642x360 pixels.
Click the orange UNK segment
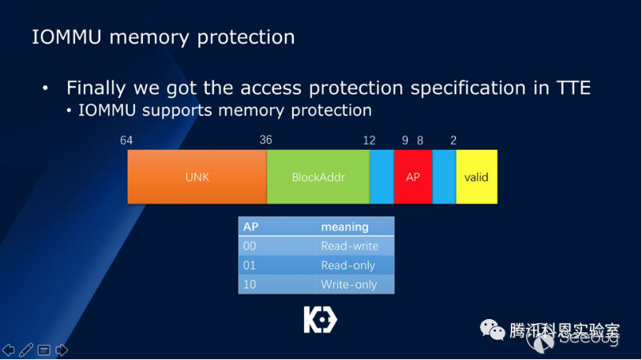tap(197, 177)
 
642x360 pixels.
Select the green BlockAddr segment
tap(318, 177)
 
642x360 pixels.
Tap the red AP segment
tap(413, 177)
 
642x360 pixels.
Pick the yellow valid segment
tap(476, 177)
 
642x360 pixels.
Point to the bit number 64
tap(126, 141)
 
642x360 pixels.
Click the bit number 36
tap(265, 141)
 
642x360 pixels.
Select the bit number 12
tap(369, 141)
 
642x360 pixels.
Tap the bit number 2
tap(453, 141)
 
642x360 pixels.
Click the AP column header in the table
tap(251, 227)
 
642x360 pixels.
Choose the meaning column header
tap(344, 227)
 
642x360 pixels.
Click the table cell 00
tap(250, 246)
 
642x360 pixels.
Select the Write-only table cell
tap(348, 284)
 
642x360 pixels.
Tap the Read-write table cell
tap(349, 246)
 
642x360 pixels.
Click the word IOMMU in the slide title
tap(67, 37)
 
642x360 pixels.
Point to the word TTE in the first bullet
tap(572, 87)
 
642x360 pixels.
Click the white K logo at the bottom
tap(320, 320)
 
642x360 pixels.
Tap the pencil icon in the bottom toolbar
tap(26, 350)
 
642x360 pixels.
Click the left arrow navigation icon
tap(9, 350)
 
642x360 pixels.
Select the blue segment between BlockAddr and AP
tap(381, 177)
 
